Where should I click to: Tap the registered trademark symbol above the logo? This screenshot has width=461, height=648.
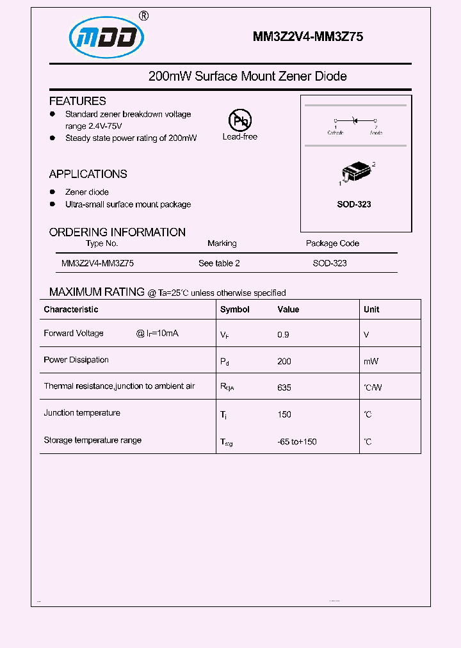tap(144, 16)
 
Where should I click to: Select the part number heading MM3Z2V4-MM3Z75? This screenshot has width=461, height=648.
tap(308, 37)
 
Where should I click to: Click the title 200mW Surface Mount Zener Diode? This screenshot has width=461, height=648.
tap(247, 76)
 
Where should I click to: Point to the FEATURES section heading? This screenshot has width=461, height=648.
tap(77, 101)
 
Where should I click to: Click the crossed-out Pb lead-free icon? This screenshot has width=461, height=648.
tap(240, 120)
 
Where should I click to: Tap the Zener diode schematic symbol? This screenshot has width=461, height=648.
tap(355, 120)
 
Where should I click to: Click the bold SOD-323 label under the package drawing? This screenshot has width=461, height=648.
tap(354, 204)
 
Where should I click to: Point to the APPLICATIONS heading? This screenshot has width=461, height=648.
tap(88, 174)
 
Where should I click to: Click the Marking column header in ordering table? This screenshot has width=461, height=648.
tap(222, 243)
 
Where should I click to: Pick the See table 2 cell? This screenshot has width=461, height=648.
tap(219, 263)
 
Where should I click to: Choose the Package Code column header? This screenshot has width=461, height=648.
tap(332, 243)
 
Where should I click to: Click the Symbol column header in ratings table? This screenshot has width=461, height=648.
tap(234, 309)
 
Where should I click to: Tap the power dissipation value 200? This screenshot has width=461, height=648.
tap(284, 361)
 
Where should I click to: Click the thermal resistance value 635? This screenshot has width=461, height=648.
tap(284, 387)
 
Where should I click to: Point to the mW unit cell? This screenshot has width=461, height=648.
tap(371, 361)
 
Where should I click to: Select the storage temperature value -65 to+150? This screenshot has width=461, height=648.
tap(297, 442)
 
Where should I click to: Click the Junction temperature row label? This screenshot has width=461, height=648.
tap(82, 413)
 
